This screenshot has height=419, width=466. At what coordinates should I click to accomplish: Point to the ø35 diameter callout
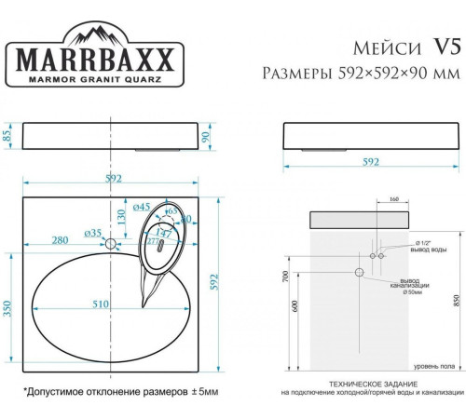pyautogui.click(x=92, y=232)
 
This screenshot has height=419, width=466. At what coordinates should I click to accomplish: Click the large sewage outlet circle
pyautogui.click(x=358, y=273)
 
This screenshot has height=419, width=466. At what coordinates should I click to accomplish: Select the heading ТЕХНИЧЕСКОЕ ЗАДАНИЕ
pyautogui.click(x=357, y=384)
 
